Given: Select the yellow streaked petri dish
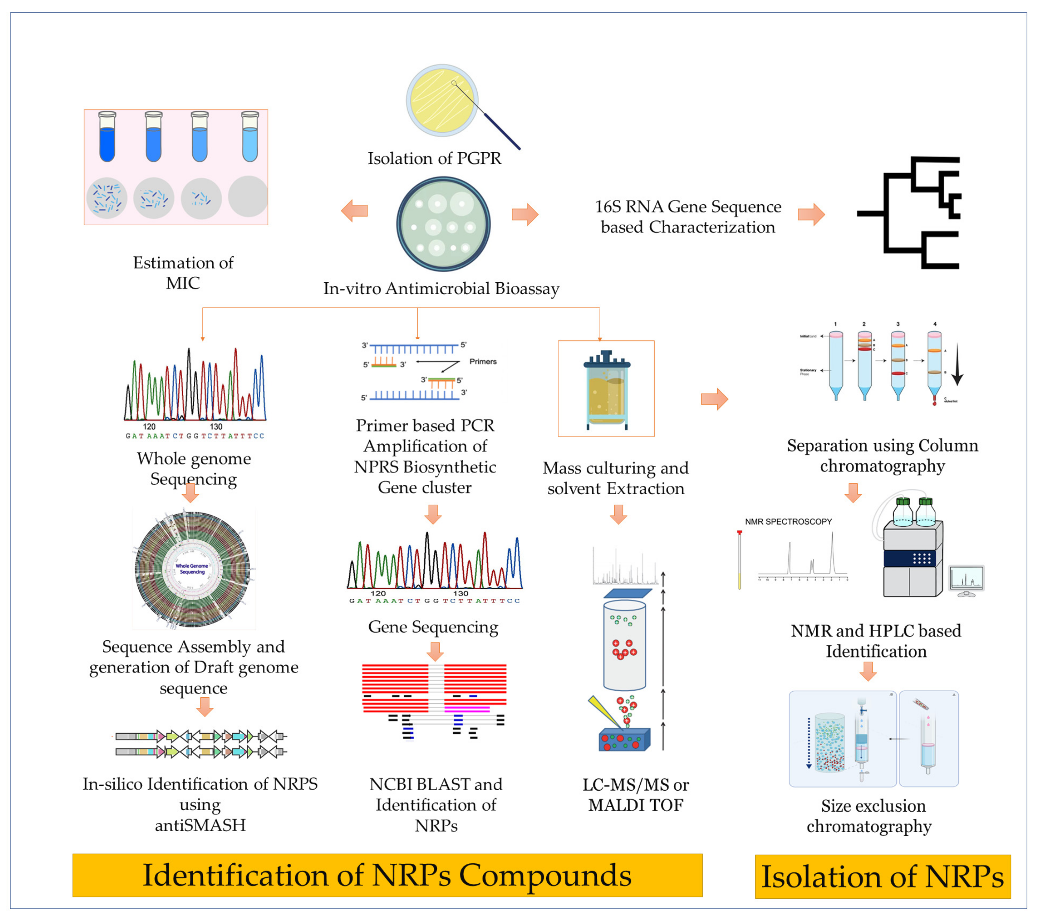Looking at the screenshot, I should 442,100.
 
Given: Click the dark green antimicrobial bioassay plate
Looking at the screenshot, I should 444,224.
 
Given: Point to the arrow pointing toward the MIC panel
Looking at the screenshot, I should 354,211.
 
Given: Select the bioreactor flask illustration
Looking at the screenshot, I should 606,389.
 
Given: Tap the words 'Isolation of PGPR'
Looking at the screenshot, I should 434,158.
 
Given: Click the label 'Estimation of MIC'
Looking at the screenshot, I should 183,273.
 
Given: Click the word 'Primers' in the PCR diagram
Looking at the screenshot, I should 483,361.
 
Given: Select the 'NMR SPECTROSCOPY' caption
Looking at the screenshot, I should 788,521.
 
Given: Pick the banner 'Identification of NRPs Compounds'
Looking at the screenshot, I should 387,875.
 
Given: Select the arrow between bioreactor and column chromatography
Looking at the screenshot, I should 714,399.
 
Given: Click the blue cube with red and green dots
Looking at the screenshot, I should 624,740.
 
